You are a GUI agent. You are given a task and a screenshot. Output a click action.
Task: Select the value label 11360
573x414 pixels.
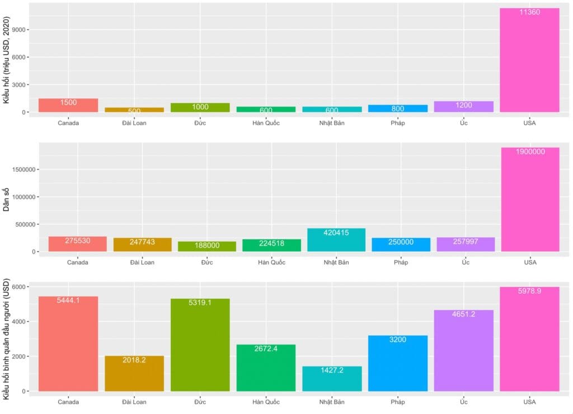[529, 12]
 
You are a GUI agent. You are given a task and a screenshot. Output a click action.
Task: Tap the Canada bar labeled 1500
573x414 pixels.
[68, 105]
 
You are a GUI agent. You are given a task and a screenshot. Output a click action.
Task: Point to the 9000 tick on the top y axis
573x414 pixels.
[21, 30]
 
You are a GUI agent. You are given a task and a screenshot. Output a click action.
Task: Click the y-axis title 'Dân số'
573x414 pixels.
[7, 199]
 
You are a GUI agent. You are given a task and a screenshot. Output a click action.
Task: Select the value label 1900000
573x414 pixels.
[529, 152]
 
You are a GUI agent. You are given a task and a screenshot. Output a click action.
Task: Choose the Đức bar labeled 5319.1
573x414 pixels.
[200, 345]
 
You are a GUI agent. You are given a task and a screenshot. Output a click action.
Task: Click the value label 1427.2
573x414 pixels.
[332, 370]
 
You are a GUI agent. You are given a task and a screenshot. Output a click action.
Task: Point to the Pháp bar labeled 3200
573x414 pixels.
[398, 363]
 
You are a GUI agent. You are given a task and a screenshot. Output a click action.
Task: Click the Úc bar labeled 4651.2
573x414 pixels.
[464, 350]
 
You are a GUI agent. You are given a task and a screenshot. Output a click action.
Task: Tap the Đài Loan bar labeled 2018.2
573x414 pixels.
[134, 373]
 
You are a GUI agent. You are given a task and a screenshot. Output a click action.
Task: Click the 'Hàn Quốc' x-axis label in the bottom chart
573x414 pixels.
[266, 402]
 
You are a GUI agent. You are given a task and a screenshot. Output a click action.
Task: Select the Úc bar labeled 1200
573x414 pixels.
[464, 106]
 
